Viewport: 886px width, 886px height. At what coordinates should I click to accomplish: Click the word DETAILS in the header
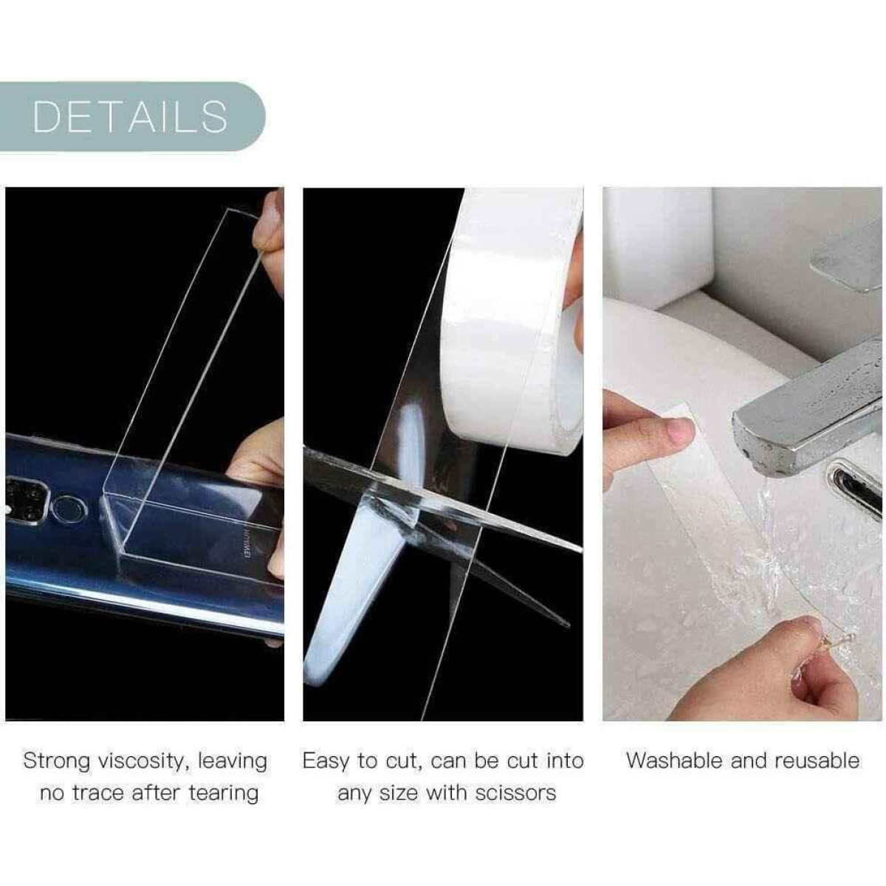[131, 117]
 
